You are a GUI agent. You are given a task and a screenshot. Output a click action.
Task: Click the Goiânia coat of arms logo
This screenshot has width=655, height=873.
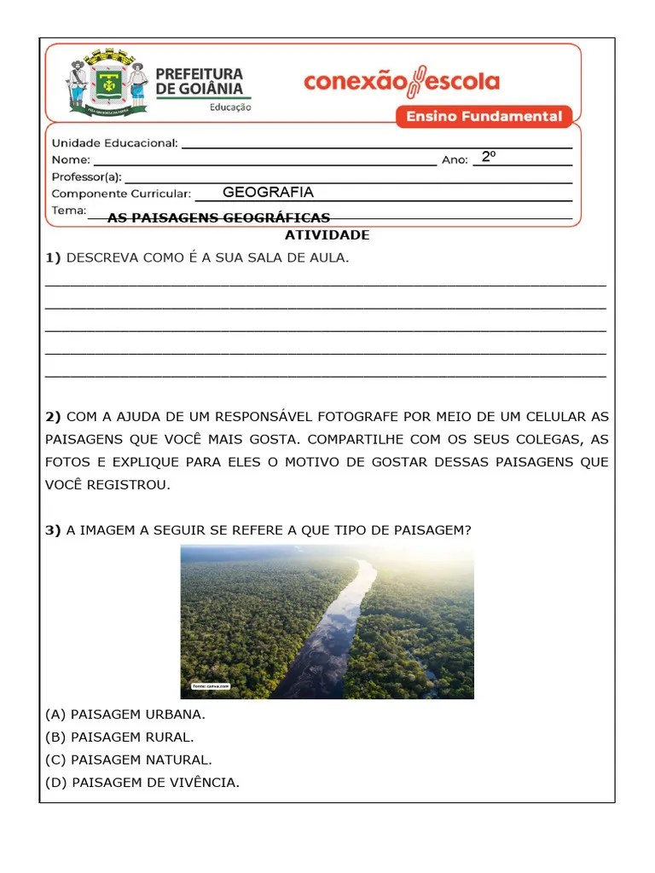[107, 84]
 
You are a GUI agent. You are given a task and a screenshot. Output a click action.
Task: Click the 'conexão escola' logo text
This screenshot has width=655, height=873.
[402, 82]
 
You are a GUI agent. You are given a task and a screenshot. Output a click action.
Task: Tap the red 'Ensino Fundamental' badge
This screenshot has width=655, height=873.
[484, 117]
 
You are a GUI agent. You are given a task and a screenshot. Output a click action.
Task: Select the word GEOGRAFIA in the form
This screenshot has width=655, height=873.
[268, 193]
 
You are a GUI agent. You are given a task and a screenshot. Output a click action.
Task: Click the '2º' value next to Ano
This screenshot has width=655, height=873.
[489, 157]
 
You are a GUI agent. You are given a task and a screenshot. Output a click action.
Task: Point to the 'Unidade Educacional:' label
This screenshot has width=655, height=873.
[115, 143]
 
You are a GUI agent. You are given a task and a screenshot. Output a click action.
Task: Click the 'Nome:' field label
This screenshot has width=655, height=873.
[71, 160]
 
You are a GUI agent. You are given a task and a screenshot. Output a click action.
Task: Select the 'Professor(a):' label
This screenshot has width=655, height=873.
[87, 177]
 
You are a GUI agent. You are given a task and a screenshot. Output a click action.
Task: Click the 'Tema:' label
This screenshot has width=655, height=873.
[69, 211]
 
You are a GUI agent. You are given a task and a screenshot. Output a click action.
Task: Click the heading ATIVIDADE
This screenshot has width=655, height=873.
[327, 234]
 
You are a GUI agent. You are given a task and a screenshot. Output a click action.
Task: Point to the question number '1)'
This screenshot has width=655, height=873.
[54, 257]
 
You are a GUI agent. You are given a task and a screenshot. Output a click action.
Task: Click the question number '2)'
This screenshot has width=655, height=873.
[54, 417]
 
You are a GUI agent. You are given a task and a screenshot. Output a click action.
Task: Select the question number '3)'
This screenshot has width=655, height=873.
[54, 530]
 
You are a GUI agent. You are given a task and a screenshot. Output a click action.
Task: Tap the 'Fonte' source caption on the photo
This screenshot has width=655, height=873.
[210, 685]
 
